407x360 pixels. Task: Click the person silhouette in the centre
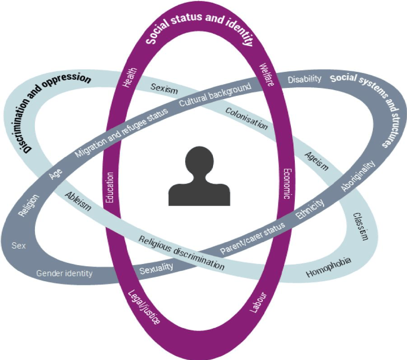(199, 177)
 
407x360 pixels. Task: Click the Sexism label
(164, 88)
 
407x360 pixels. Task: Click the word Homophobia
(328, 267)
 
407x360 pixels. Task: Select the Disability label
(305, 79)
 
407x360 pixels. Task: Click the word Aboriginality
(358, 176)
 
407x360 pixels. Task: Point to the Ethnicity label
(310, 209)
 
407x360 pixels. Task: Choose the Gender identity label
(64, 273)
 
